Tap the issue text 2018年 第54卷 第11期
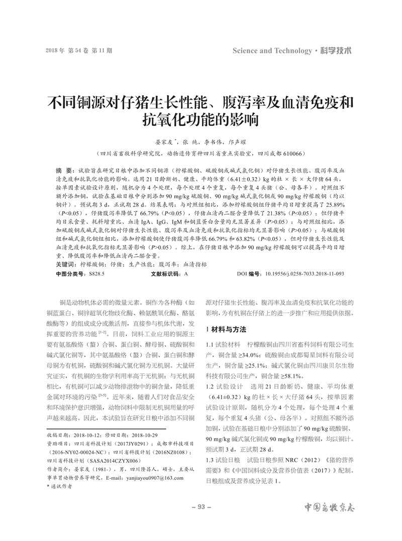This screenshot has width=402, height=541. (x=79, y=51)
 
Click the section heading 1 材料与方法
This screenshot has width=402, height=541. (x=226, y=329)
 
